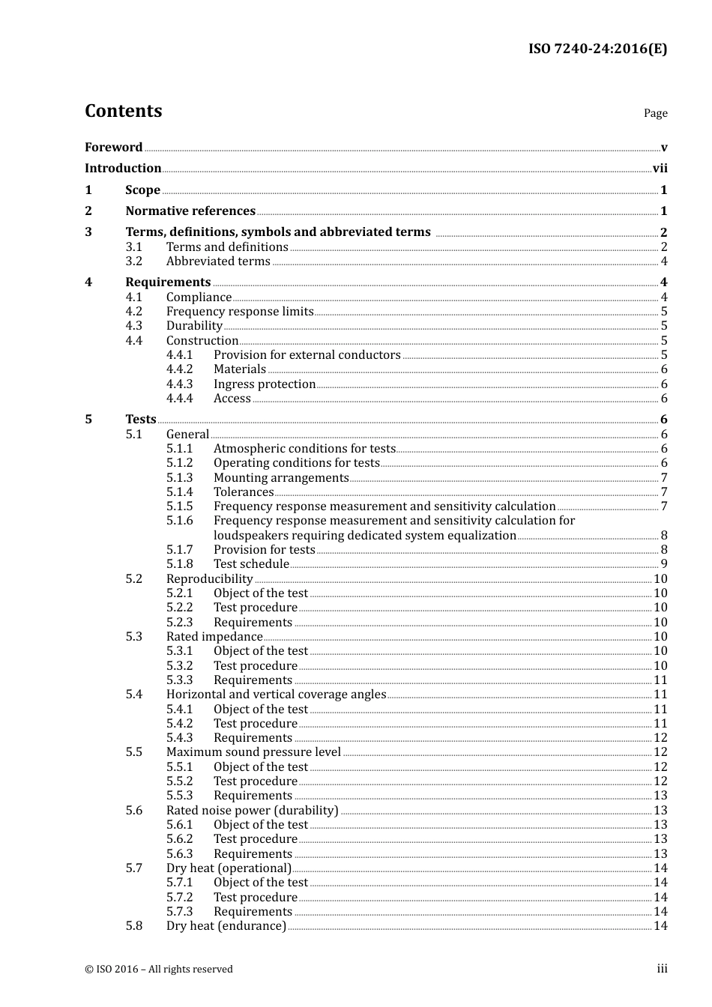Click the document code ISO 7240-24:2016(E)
click(x=597, y=49)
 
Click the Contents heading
click(x=123, y=111)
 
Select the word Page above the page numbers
click(x=655, y=113)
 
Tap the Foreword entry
click(x=113, y=148)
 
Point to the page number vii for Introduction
click(x=660, y=169)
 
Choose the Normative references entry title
click(x=190, y=211)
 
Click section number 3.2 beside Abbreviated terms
click(x=134, y=261)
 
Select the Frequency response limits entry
click(x=240, y=312)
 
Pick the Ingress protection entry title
click(x=265, y=384)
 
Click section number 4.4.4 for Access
click(x=180, y=399)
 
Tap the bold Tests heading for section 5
click(x=141, y=420)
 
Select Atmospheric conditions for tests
click(x=304, y=449)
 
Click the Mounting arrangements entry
click(x=281, y=478)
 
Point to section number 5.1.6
click(x=180, y=521)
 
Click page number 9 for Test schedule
click(x=664, y=564)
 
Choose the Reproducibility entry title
click(x=210, y=579)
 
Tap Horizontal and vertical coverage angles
click(x=276, y=695)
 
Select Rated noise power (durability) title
click(x=253, y=811)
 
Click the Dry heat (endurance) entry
click(x=226, y=926)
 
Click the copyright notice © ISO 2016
click(x=159, y=970)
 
